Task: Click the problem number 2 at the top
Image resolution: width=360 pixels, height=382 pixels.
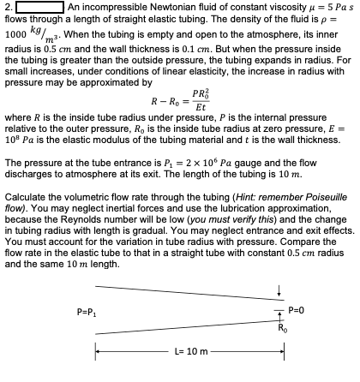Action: (8, 7)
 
